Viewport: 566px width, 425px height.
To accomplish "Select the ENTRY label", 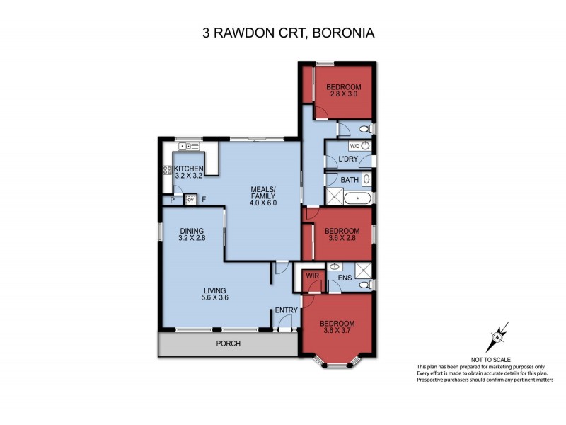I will [x=287, y=310].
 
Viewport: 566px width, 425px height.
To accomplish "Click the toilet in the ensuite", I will [x=364, y=285].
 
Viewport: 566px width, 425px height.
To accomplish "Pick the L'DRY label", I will [x=348, y=159].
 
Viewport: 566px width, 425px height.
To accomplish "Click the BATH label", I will [x=350, y=181].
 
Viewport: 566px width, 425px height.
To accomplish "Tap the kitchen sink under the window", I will [x=190, y=147].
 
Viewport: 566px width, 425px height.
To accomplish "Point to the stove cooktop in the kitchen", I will [x=168, y=170].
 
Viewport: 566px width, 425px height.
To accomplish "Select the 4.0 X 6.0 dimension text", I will [x=262, y=203].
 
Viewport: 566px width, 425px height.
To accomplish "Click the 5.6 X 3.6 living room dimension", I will [x=214, y=297].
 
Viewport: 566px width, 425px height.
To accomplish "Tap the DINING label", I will [x=192, y=231].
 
